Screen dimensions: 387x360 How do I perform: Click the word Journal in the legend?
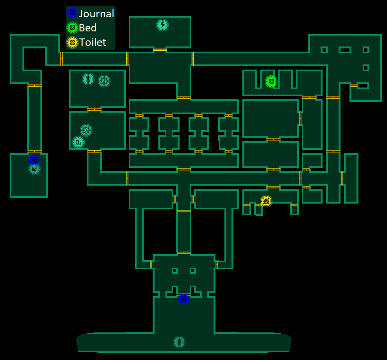click(x=96, y=14)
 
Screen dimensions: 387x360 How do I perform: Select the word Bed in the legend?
click(x=88, y=28)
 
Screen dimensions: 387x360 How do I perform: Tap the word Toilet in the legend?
click(x=92, y=42)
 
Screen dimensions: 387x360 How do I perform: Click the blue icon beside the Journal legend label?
click(x=72, y=13)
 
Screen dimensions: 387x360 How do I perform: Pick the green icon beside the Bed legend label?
click(x=72, y=28)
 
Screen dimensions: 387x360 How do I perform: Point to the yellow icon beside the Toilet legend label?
click(x=72, y=42)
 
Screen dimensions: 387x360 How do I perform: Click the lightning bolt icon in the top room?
click(x=162, y=25)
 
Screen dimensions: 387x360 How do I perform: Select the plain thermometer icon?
click(x=88, y=79)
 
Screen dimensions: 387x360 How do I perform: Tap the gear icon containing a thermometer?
click(x=104, y=81)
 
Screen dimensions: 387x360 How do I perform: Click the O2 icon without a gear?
click(x=78, y=142)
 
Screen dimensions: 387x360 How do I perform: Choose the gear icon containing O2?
click(x=86, y=130)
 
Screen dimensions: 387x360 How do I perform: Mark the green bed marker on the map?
click(x=271, y=81)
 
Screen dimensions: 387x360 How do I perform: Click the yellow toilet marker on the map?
click(x=266, y=201)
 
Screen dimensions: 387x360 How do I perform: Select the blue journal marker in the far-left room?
click(x=34, y=159)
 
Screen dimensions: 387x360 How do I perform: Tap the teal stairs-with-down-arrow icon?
click(x=34, y=169)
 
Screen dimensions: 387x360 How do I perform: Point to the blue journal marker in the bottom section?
click(x=183, y=299)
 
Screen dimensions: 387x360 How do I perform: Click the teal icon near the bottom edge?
click(x=179, y=342)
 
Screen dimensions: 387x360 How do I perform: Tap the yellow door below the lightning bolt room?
click(x=160, y=50)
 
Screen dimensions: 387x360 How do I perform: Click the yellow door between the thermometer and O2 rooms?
click(x=94, y=110)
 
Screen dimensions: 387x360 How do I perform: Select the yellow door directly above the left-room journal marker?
click(x=34, y=151)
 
